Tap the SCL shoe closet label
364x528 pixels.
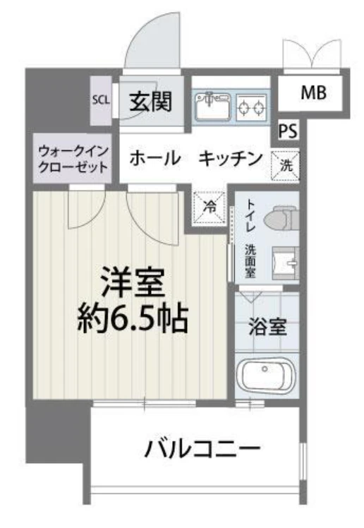[101, 100]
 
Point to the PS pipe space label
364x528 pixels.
[287, 131]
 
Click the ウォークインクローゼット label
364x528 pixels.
[73, 160]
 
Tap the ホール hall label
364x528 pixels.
[154, 158]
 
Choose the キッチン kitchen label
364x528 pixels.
[230, 158]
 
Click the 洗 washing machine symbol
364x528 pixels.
[286, 165]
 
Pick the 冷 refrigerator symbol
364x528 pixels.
[210, 206]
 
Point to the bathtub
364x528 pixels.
[267, 373]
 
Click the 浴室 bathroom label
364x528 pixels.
[267, 328]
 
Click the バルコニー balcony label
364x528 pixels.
[203, 448]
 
